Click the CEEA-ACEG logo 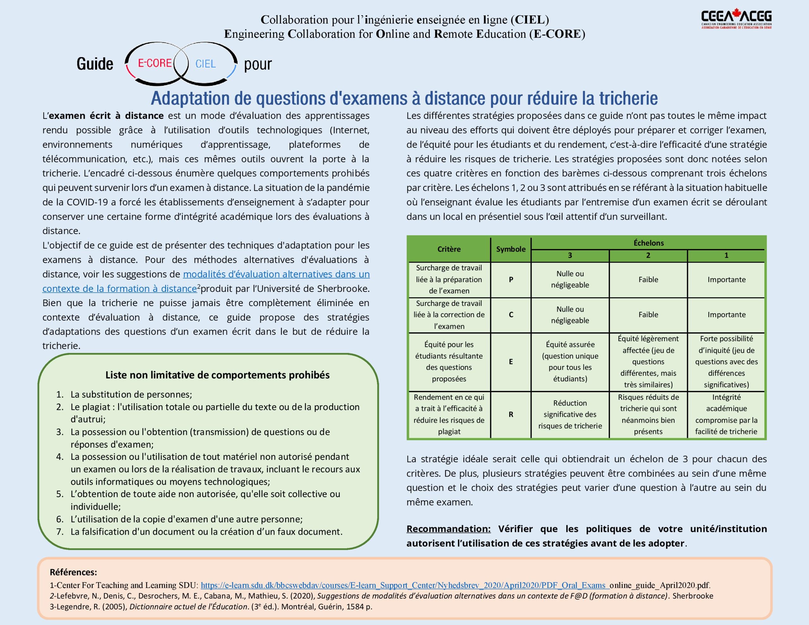click(x=736, y=19)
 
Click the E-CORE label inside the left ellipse click(x=155, y=63)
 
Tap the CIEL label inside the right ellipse click(x=206, y=64)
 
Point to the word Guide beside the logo click(x=95, y=64)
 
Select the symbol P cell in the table click(x=511, y=280)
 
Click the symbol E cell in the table click(x=511, y=361)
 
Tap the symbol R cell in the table click(x=511, y=415)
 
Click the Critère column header click(x=449, y=249)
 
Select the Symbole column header click(x=511, y=249)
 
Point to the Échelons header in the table click(x=648, y=243)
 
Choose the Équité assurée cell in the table click(x=570, y=361)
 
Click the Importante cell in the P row click(x=727, y=280)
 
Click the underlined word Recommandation click(x=448, y=529)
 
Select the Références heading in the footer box click(x=73, y=572)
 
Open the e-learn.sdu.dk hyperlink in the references click(x=404, y=586)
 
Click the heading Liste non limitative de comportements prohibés click(x=217, y=375)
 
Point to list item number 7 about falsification click(x=206, y=532)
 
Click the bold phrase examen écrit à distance click(x=106, y=116)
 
